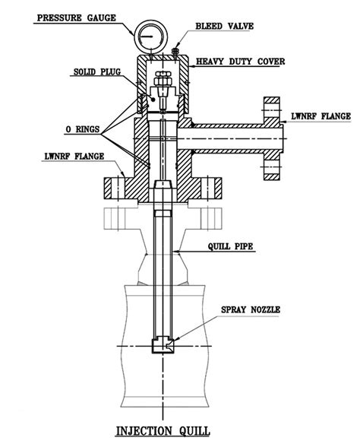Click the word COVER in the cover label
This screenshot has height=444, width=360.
279,59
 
